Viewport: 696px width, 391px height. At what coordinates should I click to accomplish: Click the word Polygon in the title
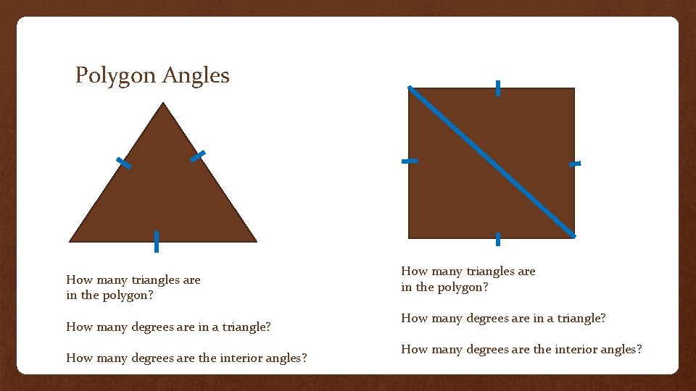[116, 75]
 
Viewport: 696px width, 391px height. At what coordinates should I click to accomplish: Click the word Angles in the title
[196, 75]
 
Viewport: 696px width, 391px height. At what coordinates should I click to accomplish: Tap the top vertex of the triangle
[164, 104]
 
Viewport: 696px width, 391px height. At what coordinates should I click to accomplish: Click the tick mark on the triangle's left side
[124, 164]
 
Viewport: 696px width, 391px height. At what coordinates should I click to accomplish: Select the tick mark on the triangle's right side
[198, 156]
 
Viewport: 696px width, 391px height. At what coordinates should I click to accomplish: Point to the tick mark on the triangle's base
[156, 241]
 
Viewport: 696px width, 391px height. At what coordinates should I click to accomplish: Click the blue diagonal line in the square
[492, 162]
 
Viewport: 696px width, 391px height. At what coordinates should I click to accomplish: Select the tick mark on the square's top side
[498, 88]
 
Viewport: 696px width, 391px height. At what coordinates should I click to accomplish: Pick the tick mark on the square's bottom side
[498, 239]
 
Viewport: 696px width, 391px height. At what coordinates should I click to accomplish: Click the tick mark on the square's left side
[410, 161]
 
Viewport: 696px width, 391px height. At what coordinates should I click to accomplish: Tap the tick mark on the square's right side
[575, 164]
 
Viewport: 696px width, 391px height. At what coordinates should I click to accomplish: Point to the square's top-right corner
[573, 89]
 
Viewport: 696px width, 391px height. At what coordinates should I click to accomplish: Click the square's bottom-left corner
[410, 237]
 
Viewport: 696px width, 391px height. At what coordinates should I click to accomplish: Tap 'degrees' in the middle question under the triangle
[153, 327]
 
